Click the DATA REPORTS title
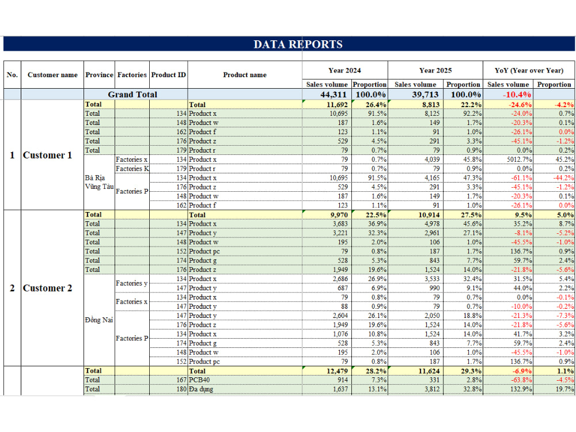click(x=298, y=44)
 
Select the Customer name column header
click(x=52, y=75)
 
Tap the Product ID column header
click(x=169, y=75)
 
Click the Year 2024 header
click(x=344, y=70)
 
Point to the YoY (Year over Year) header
click(x=529, y=70)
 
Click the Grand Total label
click(x=132, y=94)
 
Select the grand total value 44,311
click(x=334, y=94)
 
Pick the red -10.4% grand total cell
click(x=517, y=94)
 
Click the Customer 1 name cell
click(x=47, y=155)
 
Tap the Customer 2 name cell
click(x=47, y=288)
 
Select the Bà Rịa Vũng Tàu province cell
click(x=99, y=182)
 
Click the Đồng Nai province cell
click(x=99, y=320)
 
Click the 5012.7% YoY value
click(x=520, y=160)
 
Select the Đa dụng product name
click(x=201, y=389)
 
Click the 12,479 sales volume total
click(x=337, y=371)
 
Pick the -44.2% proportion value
click(x=563, y=178)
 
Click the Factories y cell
click(x=131, y=283)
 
